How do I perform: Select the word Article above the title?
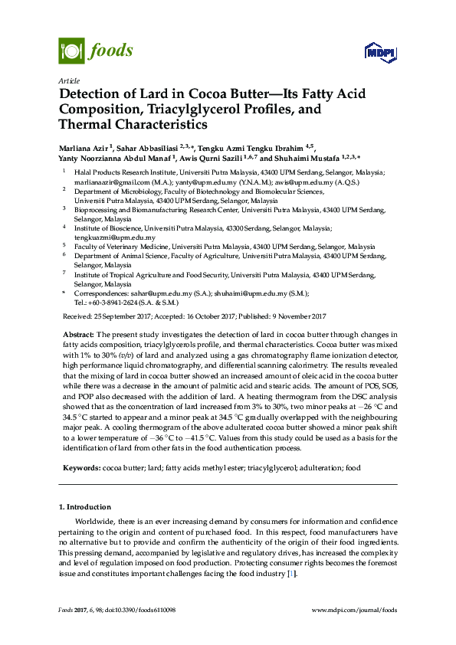click(68, 80)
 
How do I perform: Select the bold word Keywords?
click(80, 467)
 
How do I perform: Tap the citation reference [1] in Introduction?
click(290, 575)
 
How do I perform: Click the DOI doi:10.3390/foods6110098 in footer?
click(138, 610)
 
